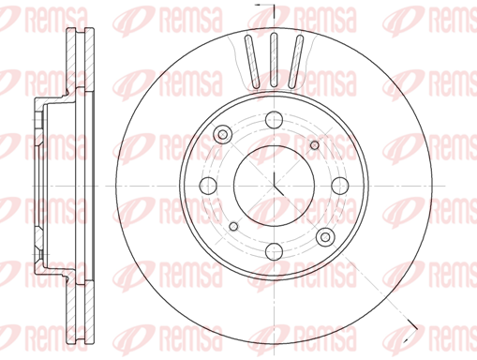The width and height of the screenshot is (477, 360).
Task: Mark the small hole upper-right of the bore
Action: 315,145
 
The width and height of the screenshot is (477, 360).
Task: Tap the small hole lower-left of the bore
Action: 233,226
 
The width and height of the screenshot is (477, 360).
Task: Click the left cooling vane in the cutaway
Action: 252,61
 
